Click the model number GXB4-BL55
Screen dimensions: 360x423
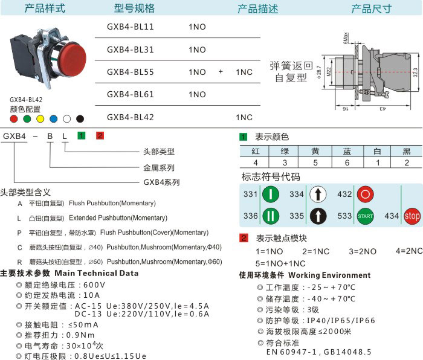click(x=130, y=72)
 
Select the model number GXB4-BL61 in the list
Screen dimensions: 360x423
click(x=130, y=94)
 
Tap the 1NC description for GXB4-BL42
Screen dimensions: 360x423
click(x=244, y=117)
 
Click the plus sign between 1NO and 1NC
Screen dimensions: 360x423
click(x=221, y=72)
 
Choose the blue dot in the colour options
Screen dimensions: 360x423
click(x=54, y=119)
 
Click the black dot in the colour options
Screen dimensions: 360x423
click(x=80, y=119)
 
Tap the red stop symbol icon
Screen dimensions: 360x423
click(x=412, y=216)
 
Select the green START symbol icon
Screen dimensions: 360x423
click(x=365, y=216)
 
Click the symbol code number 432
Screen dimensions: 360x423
click(x=344, y=194)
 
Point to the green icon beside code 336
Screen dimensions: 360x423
click(x=271, y=216)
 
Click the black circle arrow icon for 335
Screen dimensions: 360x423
click(x=318, y=216)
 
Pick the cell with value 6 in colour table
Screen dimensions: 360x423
click(x=347, y=162)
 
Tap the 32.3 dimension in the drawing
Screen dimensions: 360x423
click(x=415, y=73)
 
